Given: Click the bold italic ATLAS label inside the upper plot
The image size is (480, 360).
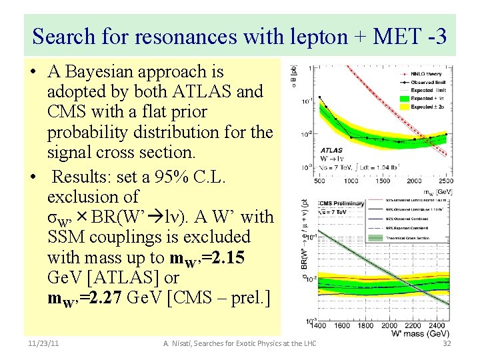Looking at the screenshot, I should click(x=331, y=151).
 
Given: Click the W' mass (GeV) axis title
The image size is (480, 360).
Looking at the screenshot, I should click(x=416, y=333).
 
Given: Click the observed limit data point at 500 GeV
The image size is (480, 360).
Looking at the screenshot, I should click(x=321, y=103).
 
